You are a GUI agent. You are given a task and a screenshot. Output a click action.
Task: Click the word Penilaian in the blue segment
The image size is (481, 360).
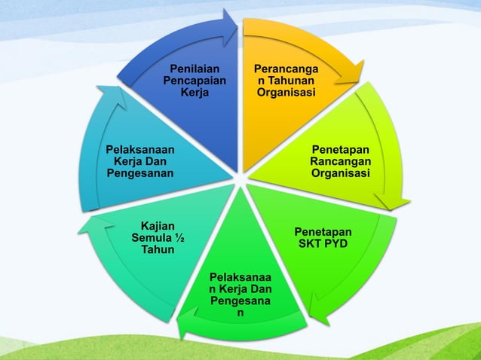(x=188, y=70)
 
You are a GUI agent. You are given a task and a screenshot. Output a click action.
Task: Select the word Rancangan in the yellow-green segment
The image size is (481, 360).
(x=340, y=162)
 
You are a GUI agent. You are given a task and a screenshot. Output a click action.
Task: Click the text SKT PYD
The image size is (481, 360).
(x=323, y=244)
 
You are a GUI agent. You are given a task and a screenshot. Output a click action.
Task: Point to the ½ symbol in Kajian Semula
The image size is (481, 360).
(x=179, y=239)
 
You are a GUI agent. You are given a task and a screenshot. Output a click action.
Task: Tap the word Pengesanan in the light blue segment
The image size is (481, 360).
(x=140, y=174)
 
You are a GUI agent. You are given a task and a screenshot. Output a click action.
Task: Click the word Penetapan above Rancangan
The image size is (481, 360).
(x=340, y=150)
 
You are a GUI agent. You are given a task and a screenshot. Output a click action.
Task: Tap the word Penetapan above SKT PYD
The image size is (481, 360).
(x=323, y=232)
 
